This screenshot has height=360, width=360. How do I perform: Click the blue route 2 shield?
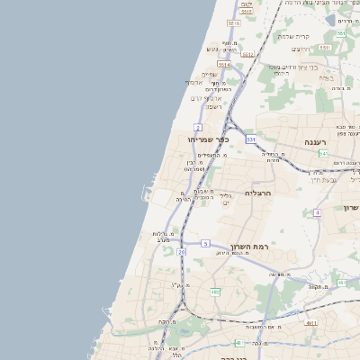point(198,129)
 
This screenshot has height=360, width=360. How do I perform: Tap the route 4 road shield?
point(317,213)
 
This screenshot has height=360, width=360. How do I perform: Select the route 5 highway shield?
point(205,244)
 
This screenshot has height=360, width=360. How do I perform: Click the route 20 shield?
point(181,252)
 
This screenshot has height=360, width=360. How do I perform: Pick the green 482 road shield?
point(215,291)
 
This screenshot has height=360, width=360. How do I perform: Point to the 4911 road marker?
point(311,322)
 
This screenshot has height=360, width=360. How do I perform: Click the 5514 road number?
point(223,65)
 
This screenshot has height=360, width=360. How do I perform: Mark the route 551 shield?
point(250,139)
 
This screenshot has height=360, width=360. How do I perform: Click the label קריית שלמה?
point(293,35)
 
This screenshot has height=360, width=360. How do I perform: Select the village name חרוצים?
point(325,48)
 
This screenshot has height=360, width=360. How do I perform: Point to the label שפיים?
point(209,74)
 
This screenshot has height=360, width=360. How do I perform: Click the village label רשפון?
point(213,106)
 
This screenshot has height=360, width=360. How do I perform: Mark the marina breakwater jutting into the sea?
point(144,193)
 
